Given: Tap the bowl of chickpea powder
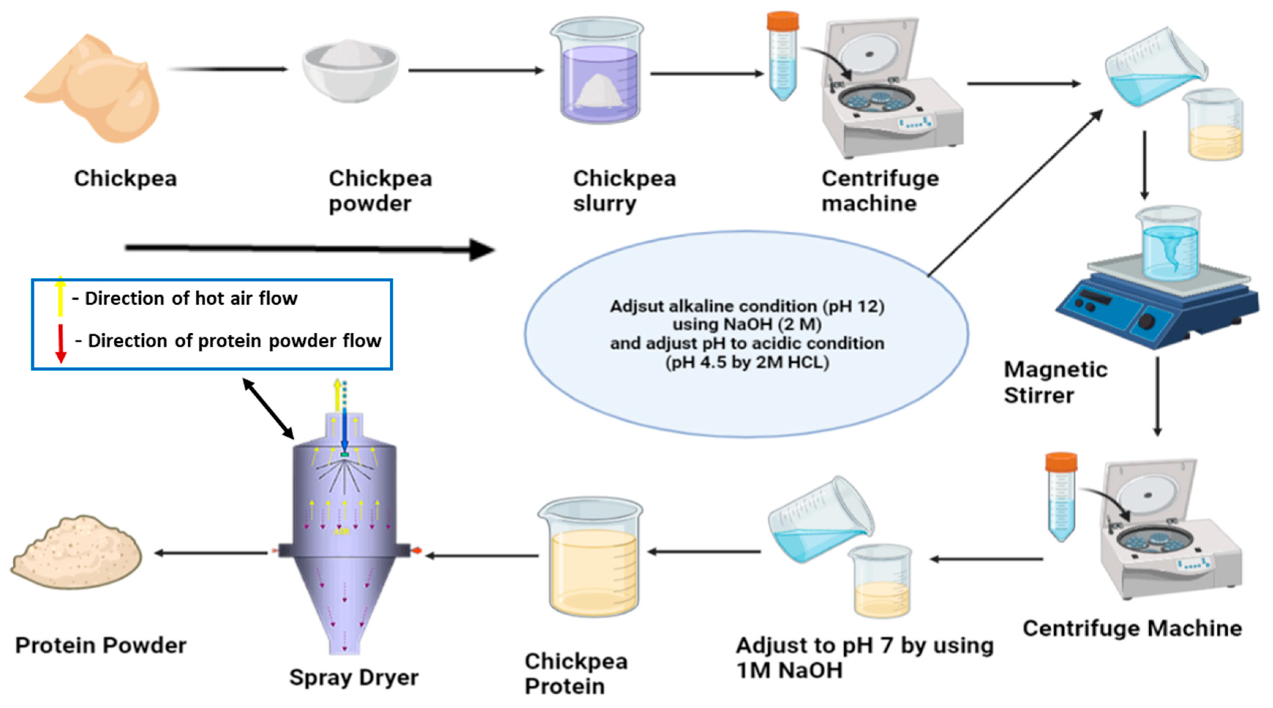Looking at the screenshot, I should pyautogui.click(x=350, y=72).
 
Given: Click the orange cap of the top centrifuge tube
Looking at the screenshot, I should pyautogui.click(x=782, y=21).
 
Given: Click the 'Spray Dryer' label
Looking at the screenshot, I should pyautogui.click(x=354, y=677).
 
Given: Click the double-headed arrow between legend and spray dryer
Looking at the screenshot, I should pyautogui.click(x=269, y=408).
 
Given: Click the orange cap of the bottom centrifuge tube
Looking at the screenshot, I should pyautogui.click(x=1061, y=461).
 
